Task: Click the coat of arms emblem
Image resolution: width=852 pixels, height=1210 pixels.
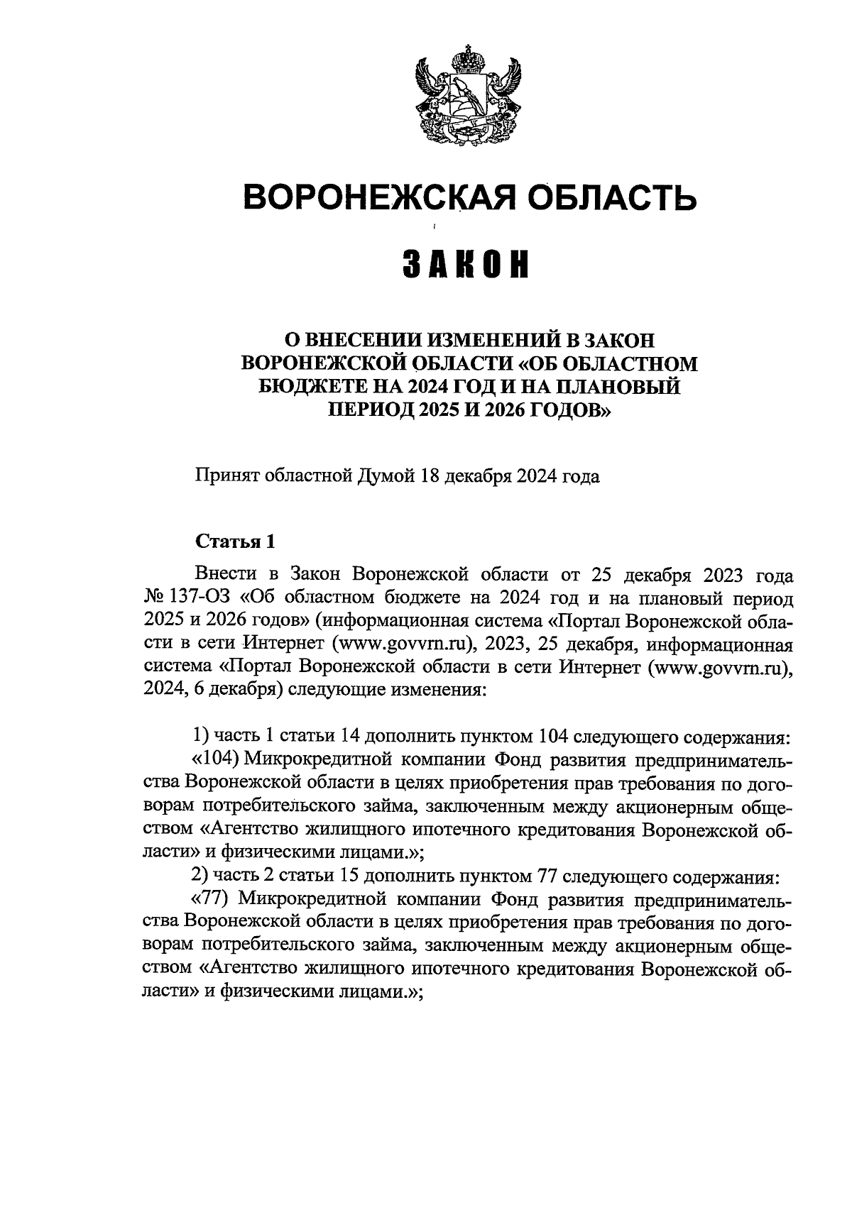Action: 468,96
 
